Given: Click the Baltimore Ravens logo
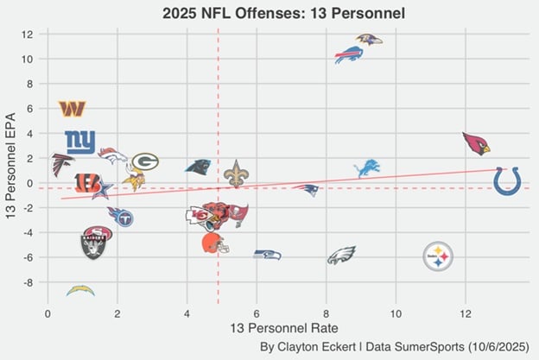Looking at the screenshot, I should coord(369,40).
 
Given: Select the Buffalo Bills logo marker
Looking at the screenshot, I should coord(349,55).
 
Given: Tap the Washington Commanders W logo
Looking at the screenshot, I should coord(73,109).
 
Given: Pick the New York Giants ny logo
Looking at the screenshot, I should coord(80,141).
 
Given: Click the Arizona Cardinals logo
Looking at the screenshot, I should coord(476,143).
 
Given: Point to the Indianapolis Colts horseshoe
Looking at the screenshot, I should coord(507,181).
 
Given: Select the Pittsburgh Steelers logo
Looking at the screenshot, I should coord(439,256).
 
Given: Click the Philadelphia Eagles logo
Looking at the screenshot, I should coord(341,256).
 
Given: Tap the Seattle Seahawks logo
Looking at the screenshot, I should coord(267,254).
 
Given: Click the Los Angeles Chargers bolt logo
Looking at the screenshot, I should coord(80,290).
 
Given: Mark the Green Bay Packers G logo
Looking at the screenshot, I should coord(145,161).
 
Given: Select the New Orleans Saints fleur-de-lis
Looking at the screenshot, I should coord(236,173).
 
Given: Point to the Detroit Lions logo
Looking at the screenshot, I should coord(367,167).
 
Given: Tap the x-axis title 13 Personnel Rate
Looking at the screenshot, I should coord(286,328).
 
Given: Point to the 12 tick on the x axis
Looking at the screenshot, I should coord(466,311).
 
